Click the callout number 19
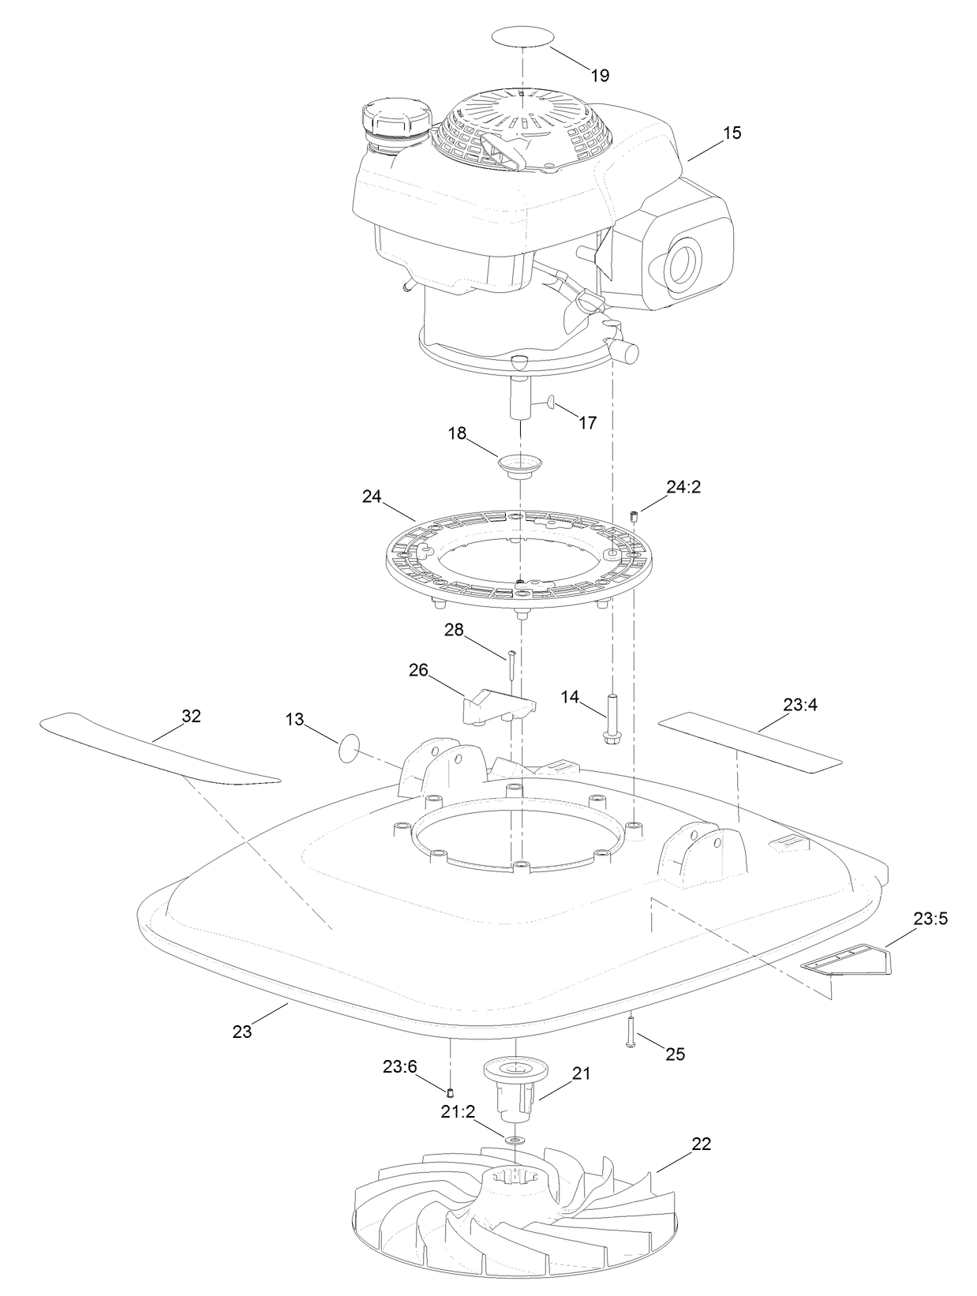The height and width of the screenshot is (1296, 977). pos(600,76)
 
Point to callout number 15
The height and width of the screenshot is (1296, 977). pos(732,133)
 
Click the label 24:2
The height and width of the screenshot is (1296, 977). pos(683,487)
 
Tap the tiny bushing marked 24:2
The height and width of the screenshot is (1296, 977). pos(634,516)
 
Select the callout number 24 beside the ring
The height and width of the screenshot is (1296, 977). pos(372,496)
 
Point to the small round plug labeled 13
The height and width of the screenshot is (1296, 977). pos(350,747)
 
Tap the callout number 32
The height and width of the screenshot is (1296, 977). pos(192,716)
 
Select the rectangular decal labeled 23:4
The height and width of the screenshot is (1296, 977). pos(750,739)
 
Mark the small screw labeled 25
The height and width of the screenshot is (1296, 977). pos(631,1031)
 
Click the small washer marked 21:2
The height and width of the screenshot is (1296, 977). pos(515,1141)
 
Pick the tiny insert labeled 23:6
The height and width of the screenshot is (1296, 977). pos(449,1092)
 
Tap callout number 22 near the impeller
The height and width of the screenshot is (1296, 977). pos(702,1144)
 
